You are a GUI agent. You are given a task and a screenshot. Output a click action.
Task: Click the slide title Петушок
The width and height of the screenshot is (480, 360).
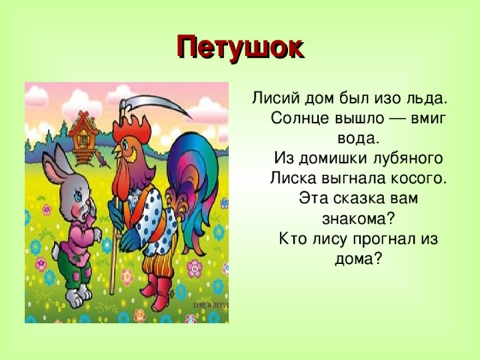pos(240,47)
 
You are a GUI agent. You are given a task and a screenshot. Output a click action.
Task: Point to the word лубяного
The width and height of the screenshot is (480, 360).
pos(401,158)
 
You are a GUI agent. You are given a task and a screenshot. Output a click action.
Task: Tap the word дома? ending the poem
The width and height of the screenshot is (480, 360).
pos(357,259)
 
